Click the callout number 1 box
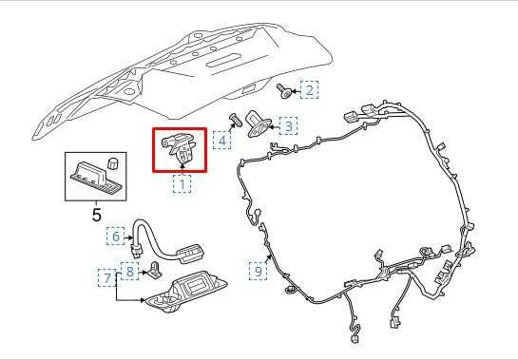181,185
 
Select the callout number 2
309,90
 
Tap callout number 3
286,125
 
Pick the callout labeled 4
222,141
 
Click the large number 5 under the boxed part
95,215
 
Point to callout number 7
107,276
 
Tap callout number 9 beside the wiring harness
257,271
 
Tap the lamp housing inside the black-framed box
93,177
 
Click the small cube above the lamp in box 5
111,162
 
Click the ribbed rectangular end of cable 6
190,252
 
